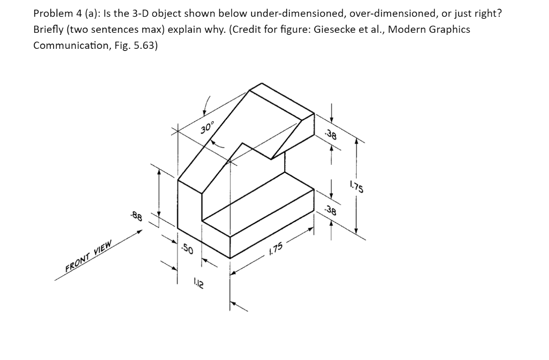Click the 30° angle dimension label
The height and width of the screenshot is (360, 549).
point(207,128)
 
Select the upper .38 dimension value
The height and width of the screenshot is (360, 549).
point(331,135)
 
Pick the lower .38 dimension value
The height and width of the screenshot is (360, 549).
point(331,211)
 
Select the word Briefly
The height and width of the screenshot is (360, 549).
point(49,30)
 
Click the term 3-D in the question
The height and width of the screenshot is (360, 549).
point(133,13)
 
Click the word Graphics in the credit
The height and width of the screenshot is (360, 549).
point(449,30)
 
